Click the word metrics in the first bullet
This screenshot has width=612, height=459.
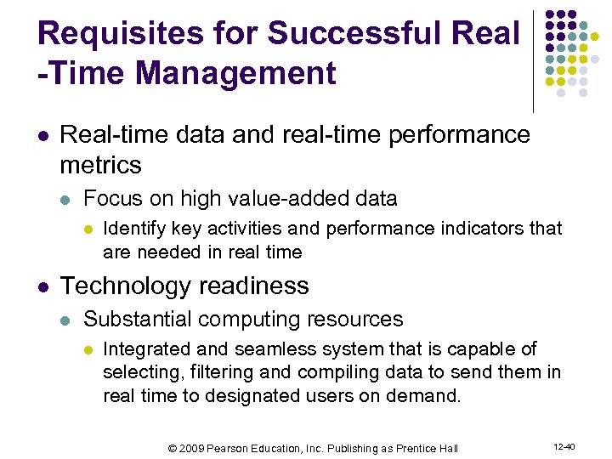(101, 163)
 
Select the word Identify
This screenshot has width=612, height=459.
(134, 228)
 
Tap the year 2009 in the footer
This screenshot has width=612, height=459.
(192, 448)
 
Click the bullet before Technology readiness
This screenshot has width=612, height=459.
(44, 286)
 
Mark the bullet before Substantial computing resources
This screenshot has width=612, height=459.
(67, 320)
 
